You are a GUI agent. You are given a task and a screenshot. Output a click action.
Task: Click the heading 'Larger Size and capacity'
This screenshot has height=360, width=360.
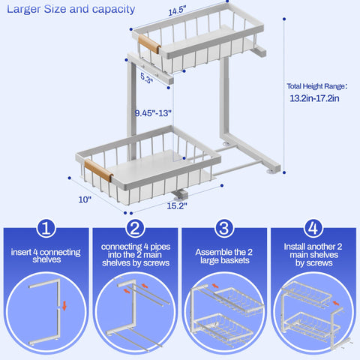pyautogui.click(x=71, y=10)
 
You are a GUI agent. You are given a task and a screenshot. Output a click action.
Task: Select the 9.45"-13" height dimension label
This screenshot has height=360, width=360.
pyautogui.click(x=153, y=113)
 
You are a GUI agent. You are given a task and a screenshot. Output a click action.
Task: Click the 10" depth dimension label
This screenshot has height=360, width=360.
pyautogui.click(x=85, y=199)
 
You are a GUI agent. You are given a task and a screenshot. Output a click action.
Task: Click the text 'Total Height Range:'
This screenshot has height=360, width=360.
pyautogui.click(x=316, y=85)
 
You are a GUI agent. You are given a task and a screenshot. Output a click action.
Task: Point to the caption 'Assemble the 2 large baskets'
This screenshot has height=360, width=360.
pyautogui.click(x=224, y=258)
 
